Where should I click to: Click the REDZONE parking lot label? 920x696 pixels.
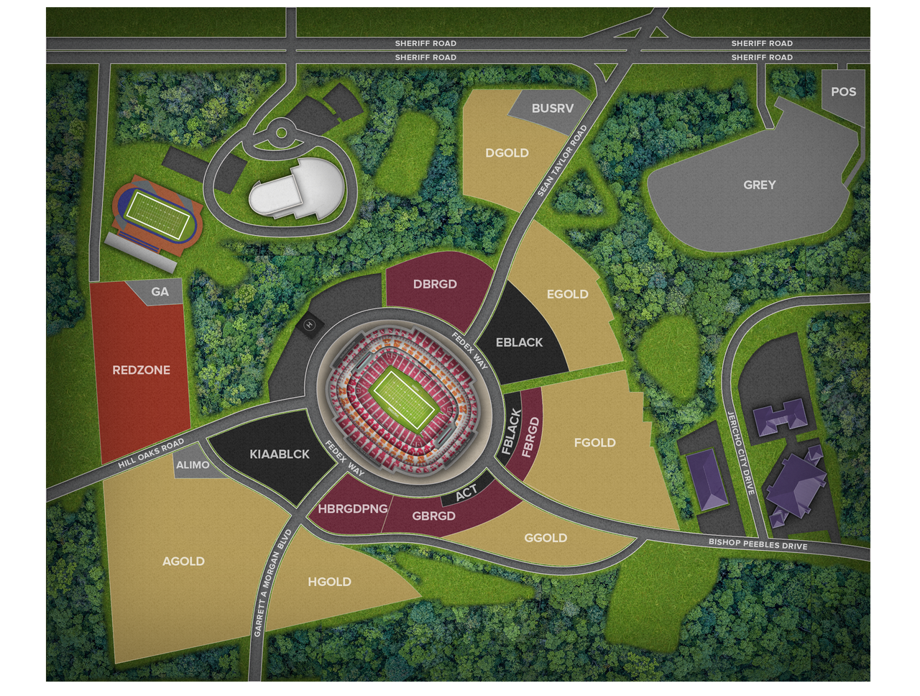coord(141,370)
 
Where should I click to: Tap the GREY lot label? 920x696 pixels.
coord(759,185)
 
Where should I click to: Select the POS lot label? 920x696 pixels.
coord(843,92)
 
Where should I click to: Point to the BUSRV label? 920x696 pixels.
coord(553,109)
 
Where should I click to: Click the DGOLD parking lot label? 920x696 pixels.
coord(507,153)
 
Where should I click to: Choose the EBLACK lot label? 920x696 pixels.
coord(519,342)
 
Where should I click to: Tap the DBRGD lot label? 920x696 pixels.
coord(435,284)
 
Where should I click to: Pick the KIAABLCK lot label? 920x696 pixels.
coord(280,454)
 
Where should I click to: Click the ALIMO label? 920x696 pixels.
coord(193,465)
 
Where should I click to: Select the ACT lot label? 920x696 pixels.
coord(466,493)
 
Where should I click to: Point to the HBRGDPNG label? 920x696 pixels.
coord(352,509)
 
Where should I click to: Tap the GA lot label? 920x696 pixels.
coord(160,291)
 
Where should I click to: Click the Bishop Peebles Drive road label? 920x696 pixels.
coord(758,544)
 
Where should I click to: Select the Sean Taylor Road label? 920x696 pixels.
coord(563,162)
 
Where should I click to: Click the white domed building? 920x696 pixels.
coord(295,188)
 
